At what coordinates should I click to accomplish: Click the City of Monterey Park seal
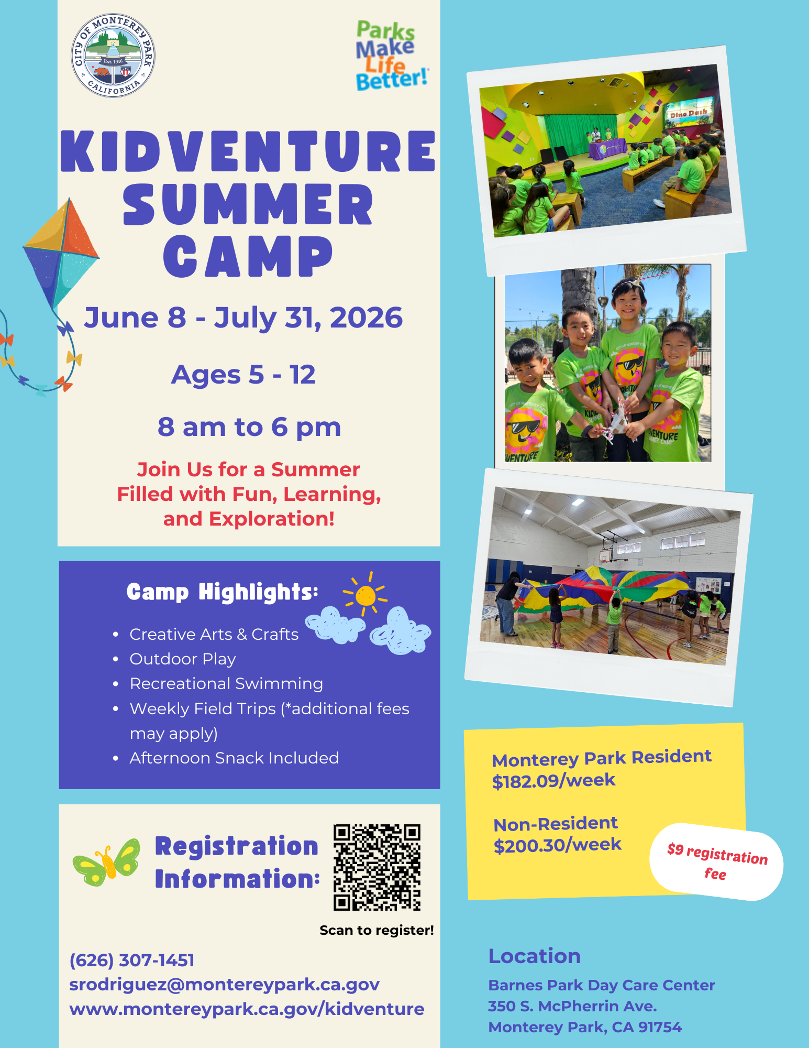113,56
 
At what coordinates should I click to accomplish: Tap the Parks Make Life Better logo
391,56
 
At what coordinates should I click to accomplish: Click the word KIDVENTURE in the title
248,151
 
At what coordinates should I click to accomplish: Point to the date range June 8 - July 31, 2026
243,318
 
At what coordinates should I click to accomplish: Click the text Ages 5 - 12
243,375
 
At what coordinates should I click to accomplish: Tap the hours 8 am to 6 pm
249,427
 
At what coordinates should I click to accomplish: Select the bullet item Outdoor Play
183,659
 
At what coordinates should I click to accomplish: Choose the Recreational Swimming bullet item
226,683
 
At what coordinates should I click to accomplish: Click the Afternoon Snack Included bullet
234,758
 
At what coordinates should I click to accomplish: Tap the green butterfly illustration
107,862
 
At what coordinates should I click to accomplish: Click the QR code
377,867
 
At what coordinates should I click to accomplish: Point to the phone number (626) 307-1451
132,960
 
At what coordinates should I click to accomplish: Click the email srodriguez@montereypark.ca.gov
224,985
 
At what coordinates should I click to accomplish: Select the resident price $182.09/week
553,781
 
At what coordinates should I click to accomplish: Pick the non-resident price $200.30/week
557,845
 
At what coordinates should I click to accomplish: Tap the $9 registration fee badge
716,863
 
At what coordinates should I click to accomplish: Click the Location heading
535,956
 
